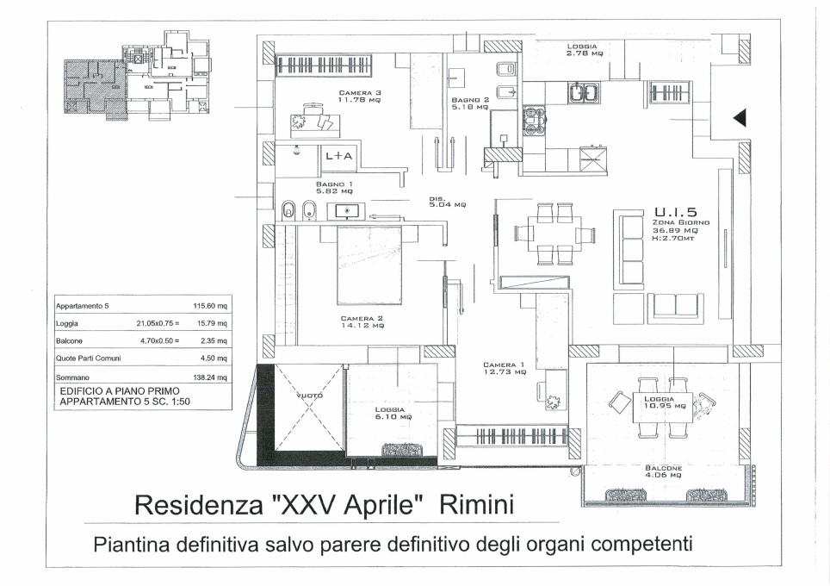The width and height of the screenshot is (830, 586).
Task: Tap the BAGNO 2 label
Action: (x=470, y=103)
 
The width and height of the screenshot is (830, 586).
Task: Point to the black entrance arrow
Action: (x=738, y=118)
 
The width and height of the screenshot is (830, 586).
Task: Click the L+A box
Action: (x=338, y=156)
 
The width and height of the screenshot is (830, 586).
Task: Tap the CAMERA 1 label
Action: (x=505, y=368)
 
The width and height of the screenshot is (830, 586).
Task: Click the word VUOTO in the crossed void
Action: (x=308, y=396)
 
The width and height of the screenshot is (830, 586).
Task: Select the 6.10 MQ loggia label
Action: (x=394, y=414)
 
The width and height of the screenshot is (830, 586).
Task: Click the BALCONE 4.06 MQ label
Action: (x=663, y=472)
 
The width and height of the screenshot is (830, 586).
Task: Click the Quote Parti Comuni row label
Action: (x=88, y=358)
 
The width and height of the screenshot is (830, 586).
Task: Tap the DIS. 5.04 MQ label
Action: (x=447, y=202)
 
